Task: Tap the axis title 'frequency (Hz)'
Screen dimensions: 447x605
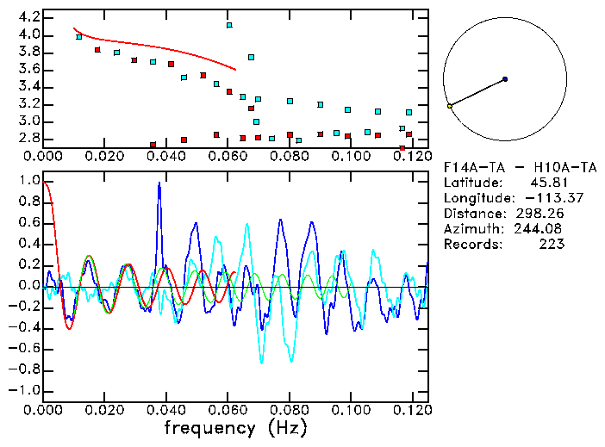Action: tap(236, 426)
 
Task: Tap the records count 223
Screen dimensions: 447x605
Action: tap(552, 245)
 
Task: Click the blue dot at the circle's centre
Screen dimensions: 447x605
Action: tap(505, 78)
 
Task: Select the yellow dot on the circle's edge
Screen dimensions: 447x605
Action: tap(450, 106)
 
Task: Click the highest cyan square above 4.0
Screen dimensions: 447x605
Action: tap(229, 25)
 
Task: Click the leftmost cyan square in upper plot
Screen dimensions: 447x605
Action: tap(79, 37)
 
